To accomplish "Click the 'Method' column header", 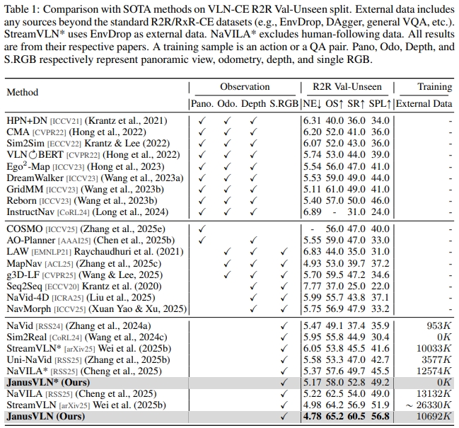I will coord(23,92).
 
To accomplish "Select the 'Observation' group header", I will coord(244,87).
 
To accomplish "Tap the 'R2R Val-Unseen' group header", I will coord(347,87).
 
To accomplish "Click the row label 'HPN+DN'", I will coord(25,121).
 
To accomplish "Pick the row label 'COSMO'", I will coord(24,229).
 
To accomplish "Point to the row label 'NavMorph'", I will coord(29,308).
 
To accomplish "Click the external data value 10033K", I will coord(431,348).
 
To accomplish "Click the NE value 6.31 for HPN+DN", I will coord(310,121).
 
